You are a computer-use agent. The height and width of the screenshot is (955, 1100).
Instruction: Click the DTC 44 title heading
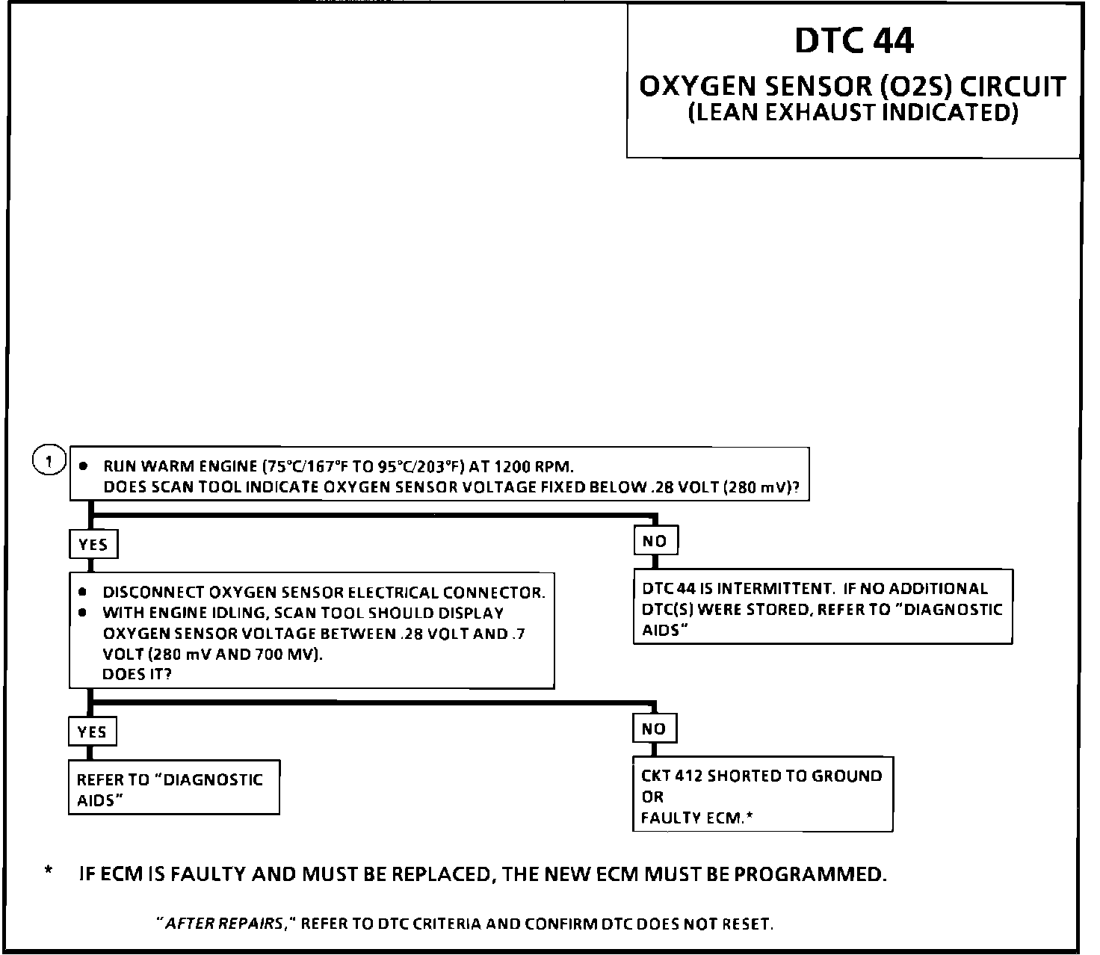[853, 41]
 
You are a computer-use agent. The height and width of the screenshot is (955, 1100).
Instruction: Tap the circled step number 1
[49, 461]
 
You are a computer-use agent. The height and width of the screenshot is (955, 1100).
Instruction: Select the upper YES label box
[93, 545]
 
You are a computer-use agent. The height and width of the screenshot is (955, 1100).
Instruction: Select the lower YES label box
[92, 732]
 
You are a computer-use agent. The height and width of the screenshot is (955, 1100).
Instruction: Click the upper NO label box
[655, 541]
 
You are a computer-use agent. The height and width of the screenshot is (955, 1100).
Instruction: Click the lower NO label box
[654, 729]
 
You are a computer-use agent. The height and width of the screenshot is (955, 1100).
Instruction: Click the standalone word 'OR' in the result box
[652, 797]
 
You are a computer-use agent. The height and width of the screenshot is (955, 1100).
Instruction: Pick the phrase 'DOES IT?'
[137, 674]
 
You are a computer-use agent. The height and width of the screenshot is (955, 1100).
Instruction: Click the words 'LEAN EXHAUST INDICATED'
[853, 114]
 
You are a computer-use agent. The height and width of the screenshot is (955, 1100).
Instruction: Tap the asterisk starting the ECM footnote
[49, 871]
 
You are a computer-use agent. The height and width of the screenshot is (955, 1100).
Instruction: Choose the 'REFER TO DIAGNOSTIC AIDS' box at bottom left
[173, 788]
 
